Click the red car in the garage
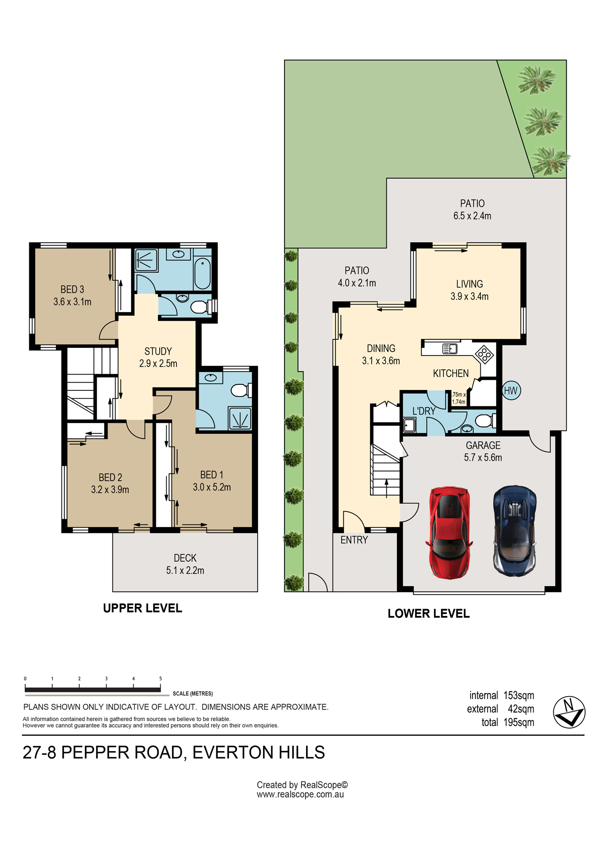pyautogui.click(x=449, y=533)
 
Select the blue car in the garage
pyautogui.click(x=515, y=531)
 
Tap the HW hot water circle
pyautogui.click(x=511, y=391)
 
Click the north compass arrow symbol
pyautogui.click(x=569, y=712)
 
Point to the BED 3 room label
pyautogui.click(x=72, y=289)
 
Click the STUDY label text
pyautogui.click(x=158, y=351)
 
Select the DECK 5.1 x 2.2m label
pyautogui.click(x=185, y=564)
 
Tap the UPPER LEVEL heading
pyautogui.click(x=143, y=608)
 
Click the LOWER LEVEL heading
pyautogui.click(x=428, y=613)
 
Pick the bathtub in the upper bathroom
pyautogui.click(x=203, y=273)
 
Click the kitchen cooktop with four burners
pyautogui.click(x=484, y=355)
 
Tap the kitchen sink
pyautogui.click(x=449, y=348)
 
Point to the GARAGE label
pyautogui.click(x=483, y=445)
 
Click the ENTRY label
pyautogui.click(x=354, y=540)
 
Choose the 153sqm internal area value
pyautogui.click(x=519, y=695)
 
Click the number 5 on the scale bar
pyautogui.click(x=161, y=679)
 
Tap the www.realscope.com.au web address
pyautogui.click(x=300, y=795)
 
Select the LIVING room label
pyautogui.click(x=469, y=284)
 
